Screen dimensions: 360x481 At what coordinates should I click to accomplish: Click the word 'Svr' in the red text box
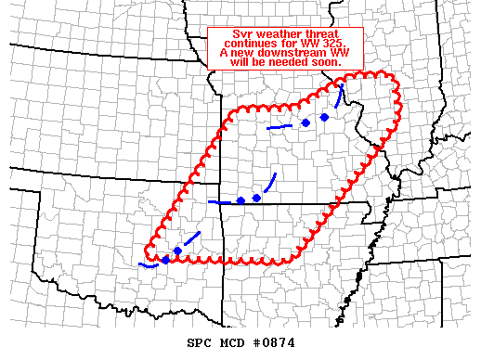point(243,34)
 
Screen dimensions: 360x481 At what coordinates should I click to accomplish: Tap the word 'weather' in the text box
point(278,34)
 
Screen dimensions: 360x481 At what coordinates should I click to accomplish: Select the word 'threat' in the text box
point(321,34)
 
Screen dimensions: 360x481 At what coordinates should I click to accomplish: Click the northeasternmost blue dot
point(324,117)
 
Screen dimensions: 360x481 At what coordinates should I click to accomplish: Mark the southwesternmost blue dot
point(165,259)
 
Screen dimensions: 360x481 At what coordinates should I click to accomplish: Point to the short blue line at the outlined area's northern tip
point(341,94)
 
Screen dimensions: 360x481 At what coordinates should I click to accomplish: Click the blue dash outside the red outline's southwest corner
point(146,264)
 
